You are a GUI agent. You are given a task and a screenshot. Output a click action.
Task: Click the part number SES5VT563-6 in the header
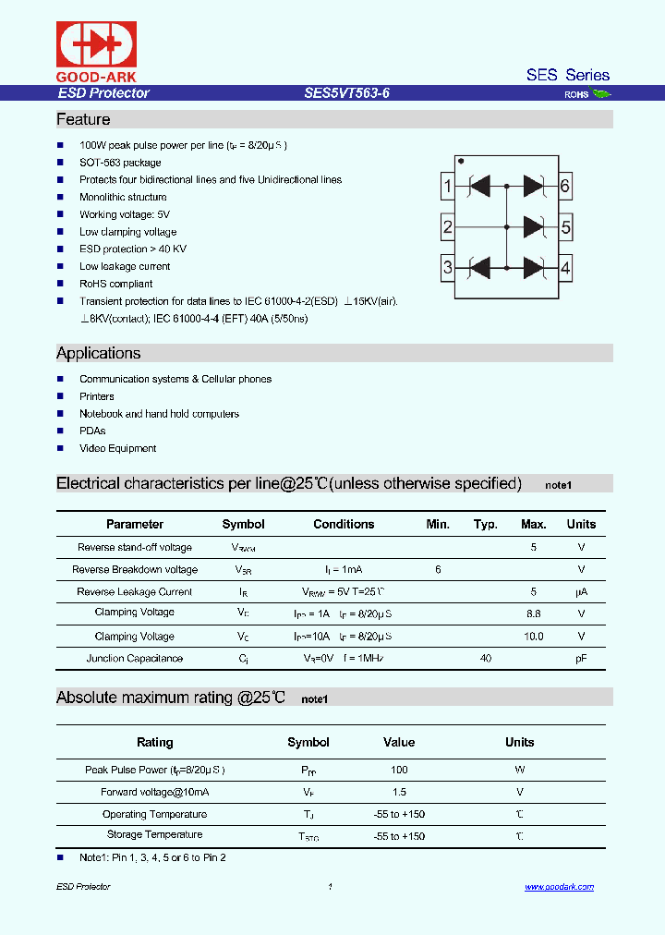pyautogui.click(x=346, y=93)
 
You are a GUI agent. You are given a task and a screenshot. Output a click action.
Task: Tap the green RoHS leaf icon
pyautogui.click(x=601, y=93)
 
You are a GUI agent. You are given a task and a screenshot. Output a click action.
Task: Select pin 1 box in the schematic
pyautogui.click(x=447, y=187)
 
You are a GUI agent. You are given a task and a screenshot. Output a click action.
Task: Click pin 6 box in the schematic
pyautogui.click(x=565, y=187)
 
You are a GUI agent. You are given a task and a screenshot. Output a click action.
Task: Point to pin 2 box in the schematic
pyautogui.click(x=447, y=227)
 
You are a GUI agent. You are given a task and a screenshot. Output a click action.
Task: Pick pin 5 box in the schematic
pyautogui.click(x=565, y=227)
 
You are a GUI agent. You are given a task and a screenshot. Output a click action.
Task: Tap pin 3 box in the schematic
pyautogui.click(x=447, y=269)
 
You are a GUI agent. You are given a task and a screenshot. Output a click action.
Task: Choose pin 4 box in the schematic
pyautogui.click(x=565, y=269)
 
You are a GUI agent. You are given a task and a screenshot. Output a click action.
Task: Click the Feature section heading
pyautogui.click(x=83, y=119)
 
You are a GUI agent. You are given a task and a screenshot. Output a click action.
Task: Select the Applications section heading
pyautogui.click(x=99, y=353)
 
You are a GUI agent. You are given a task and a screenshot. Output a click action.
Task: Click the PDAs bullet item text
pyautogui.click(x=92, y=431)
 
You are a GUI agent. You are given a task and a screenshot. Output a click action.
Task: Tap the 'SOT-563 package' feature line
pyautogui.click(x=120, y=163)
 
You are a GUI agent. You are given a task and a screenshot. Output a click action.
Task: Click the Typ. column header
pyautogui.click(x=486, y=524)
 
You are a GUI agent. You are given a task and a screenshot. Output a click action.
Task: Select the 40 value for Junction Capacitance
pyautogui.click(x=486, y=658)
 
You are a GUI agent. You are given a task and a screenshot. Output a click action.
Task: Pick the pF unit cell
pyautogui.click(x=581, y=658)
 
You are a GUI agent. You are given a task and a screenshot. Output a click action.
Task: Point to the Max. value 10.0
pyautogui.click(x=534, y=636)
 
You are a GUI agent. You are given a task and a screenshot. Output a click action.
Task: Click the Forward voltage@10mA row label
pyautogui.click(x=155, y=792)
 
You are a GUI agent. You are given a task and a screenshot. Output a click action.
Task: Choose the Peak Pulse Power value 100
pyautogui.click(x=399, y=770)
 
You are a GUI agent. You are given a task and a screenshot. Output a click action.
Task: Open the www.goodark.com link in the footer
pyautogui.click(x=559, y=887)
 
